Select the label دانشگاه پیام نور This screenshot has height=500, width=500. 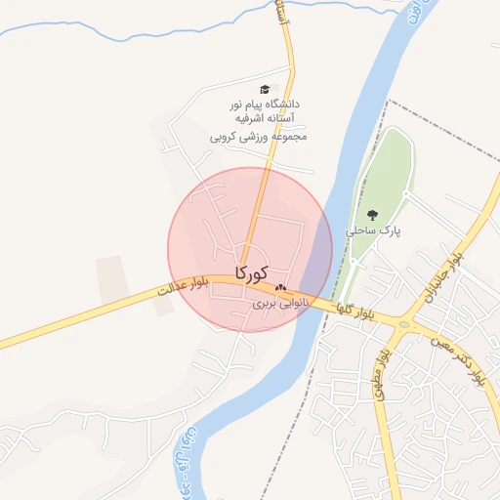(x=264, y=104)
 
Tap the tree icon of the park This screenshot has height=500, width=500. (x=371, y=214)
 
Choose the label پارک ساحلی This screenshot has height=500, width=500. (x=374, y=230)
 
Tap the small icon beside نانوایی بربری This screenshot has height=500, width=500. (x=281, y=288)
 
